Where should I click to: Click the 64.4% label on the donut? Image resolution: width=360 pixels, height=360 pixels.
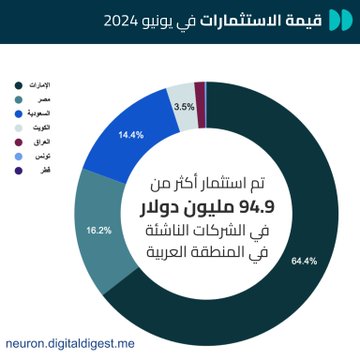[x=303, y=261]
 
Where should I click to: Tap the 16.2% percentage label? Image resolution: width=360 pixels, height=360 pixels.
[x=99, y=230]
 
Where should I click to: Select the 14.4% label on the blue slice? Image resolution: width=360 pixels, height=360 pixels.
[x=130, y=133]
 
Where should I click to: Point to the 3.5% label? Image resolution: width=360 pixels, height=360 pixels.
[x=184, y=105]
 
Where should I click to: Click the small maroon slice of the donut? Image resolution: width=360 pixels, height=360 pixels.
[x=200, y=92]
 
